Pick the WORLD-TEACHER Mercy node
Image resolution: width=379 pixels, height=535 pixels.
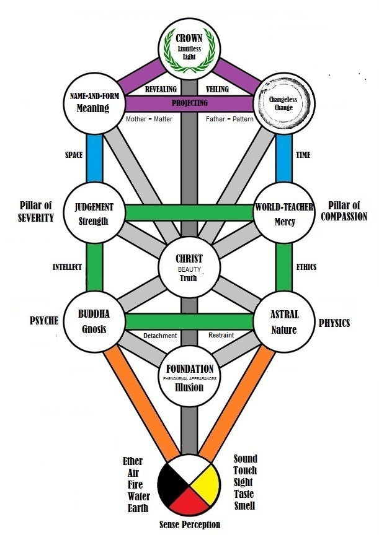tap(283, 213)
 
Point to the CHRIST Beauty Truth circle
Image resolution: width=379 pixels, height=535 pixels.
tap(189, 267)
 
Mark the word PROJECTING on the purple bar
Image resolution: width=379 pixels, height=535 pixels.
tap(189, 103)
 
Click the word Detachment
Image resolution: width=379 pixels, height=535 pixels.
tap(160, 336)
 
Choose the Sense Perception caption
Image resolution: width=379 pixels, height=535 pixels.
tap(190, 525)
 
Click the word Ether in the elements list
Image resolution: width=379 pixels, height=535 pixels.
tap(133, 462)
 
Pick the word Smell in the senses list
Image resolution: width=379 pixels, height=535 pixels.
tap(244, 505)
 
